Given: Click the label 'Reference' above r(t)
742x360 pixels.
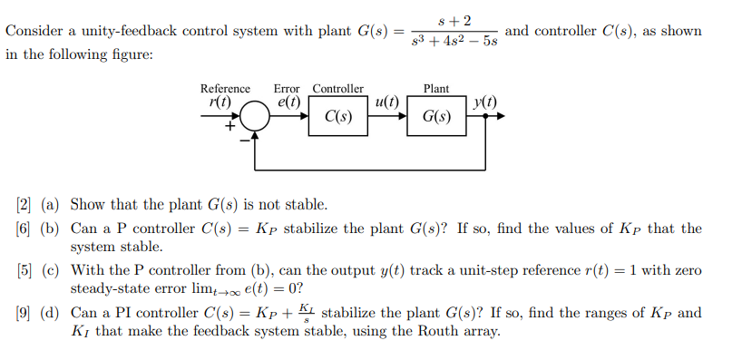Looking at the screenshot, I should [x=225, y=88].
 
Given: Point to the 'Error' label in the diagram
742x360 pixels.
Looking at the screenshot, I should [x=287, y=88].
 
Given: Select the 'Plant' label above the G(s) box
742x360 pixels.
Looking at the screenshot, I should [x=436, y=88].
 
